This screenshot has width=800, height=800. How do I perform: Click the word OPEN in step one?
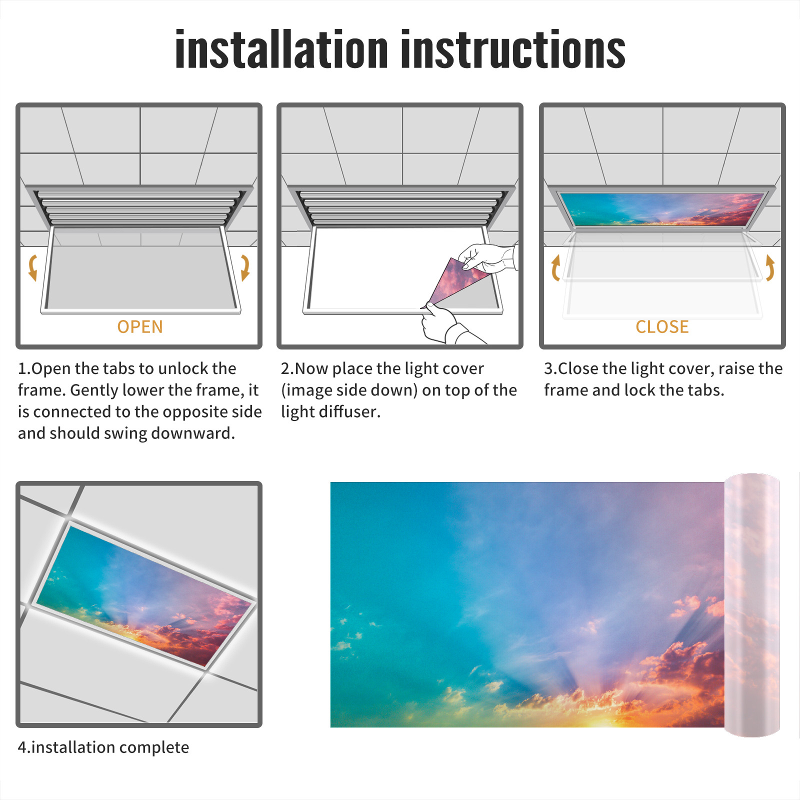[x=140, y=326]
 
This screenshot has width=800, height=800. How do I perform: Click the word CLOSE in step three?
[x=662, y=326]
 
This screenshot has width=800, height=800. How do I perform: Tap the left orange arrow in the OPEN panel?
[x=33, y=267]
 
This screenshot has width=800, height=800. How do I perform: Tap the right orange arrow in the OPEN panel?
[x=245, y=267]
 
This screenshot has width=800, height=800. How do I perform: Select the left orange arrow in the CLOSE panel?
[x=555, y=267]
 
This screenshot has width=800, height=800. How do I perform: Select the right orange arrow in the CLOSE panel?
[x=770, y=267]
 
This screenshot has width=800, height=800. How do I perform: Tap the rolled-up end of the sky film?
[x=752, y=605]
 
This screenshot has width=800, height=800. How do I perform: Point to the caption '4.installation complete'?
[x=103, y=747]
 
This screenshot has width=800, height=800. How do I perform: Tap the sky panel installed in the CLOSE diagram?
[x=662, y=209]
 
